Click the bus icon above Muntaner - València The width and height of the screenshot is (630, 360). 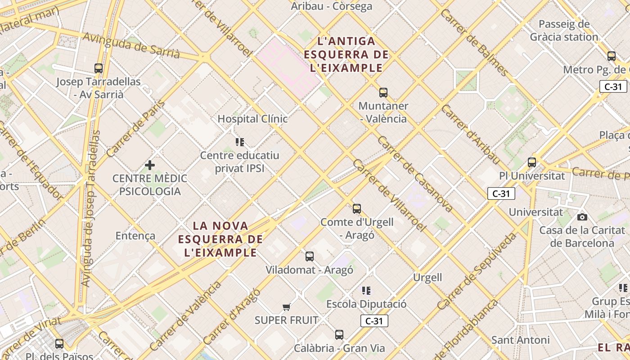[383, 93]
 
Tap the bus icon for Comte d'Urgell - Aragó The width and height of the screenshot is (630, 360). [357, 209]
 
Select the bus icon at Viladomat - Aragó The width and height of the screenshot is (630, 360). [310, 256]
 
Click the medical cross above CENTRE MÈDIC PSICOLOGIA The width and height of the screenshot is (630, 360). [150, 165]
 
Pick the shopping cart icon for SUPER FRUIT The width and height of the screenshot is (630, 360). [287, 307]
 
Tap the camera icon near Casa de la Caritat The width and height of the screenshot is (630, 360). [582, 217]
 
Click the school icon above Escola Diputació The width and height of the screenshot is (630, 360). [366, 291]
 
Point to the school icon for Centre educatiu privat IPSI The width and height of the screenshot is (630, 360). [240, 142]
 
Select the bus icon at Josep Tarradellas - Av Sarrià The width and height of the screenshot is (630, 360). [99, 68]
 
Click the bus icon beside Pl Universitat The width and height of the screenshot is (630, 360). [532, 162]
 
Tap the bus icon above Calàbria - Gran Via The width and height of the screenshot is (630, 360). [339, 335]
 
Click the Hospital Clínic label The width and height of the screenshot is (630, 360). [252, 119]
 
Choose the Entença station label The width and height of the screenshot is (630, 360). [135, 236]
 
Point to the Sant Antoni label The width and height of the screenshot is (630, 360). [521, 340]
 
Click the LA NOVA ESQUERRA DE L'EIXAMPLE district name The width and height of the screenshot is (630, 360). [220, 239]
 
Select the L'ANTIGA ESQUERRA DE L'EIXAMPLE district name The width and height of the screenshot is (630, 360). [346, 54]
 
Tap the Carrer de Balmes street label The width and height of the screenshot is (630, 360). [474, 42]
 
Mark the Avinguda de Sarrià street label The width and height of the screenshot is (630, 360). [131, 46]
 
